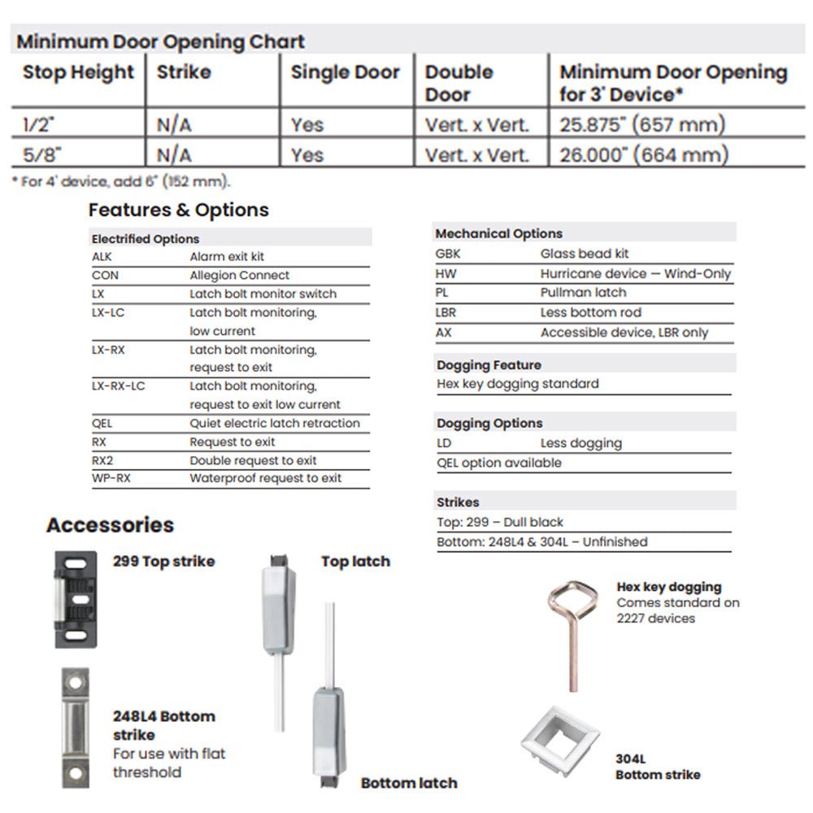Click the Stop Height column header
point(78,72)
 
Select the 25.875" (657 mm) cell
point(642,125)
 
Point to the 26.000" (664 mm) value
point(644,155)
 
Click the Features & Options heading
point(178,210)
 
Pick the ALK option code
point(102,256)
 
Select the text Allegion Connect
point(239,276)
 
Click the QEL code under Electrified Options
point(102,424)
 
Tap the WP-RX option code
point(111,478)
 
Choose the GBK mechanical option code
point(449,254)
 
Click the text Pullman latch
point(583,293)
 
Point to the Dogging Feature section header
point(489,365)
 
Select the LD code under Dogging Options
point(444,443)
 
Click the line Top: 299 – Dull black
point(500,522)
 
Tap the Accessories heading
point(110,525)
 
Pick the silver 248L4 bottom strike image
point(76,727)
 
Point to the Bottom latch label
point(409,783)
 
